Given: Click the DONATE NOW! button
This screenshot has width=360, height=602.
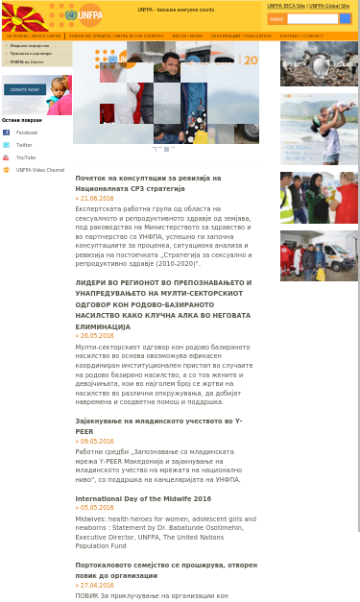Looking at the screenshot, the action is pos(25,89).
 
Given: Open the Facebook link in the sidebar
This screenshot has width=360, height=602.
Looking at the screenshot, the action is pos(26,132).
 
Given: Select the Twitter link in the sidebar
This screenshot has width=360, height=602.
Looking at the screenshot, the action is pos(24,145).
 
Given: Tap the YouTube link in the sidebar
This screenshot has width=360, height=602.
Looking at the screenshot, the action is pos(25,157).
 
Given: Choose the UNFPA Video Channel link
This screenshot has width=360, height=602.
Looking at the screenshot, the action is pos(39,170).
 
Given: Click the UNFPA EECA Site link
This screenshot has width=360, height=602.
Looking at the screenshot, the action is pos(286,6).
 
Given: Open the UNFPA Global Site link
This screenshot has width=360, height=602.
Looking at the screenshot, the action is pos(329,6).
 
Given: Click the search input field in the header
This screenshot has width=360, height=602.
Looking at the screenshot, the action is pos(312,18).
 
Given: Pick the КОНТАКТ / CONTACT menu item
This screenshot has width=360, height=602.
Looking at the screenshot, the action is pos(301,36).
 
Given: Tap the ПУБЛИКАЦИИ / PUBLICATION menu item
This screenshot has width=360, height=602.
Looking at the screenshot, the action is pos(241,36).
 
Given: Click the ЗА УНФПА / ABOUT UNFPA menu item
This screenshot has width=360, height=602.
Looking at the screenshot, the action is pos(34,36).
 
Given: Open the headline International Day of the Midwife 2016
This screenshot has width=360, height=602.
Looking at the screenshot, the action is pos(143,499).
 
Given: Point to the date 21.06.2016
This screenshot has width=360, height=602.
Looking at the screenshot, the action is pos(96,198).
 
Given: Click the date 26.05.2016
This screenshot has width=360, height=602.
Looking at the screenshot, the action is pos(96,336).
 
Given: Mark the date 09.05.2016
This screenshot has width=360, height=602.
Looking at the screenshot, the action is pos(96,441).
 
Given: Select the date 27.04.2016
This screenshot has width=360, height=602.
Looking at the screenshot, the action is pos(96,585).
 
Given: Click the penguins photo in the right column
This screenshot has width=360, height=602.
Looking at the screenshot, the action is pos(319,63).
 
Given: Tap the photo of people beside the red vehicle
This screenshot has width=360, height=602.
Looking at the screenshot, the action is pos(319,254).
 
